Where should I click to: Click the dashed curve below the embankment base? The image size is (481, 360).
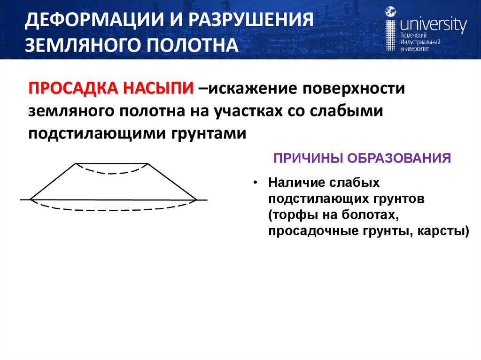[x=113, y=209]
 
